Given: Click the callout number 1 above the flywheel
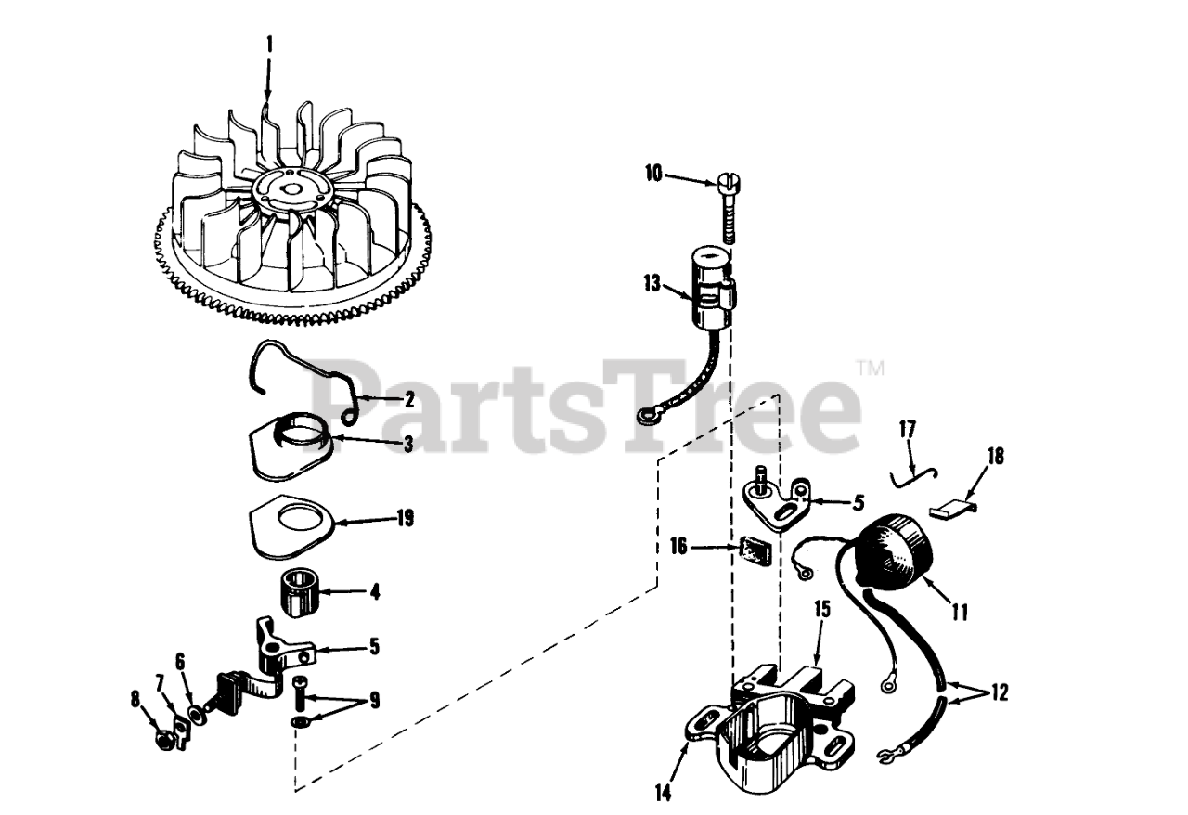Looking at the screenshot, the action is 269,45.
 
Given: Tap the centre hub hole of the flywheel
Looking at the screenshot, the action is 290,188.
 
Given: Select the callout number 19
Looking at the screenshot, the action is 405,518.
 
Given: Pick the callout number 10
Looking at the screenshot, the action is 654,174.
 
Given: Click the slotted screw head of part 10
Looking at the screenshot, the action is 727,184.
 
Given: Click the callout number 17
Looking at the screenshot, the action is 908,430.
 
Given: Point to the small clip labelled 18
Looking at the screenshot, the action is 952,509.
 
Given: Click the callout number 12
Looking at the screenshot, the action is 999,693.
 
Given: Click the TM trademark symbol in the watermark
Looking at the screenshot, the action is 870,369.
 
